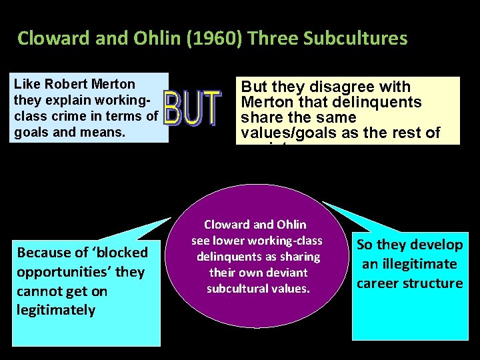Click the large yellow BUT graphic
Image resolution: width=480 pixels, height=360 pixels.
[192, 109]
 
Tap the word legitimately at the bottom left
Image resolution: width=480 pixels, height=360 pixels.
[56, 310]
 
